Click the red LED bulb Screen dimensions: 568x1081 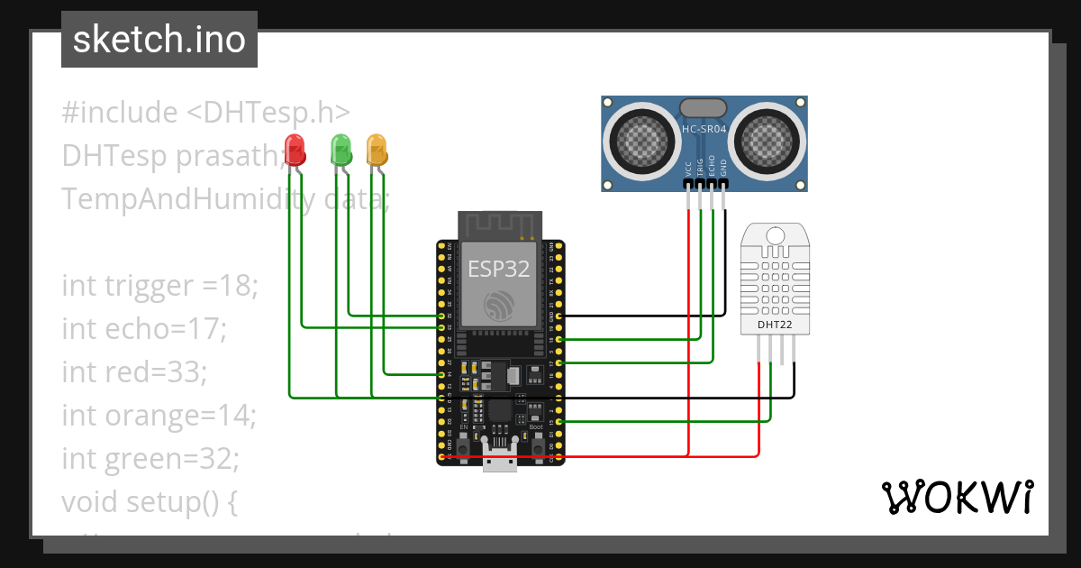pos(294,149)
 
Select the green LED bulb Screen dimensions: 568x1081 pos(341,149)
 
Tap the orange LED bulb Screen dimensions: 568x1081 pos(376,149)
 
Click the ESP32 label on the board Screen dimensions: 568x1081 pos(498,268)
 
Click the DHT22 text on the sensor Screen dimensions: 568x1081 pos(775,324)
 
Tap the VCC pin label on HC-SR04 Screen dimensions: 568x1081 pos(688,168)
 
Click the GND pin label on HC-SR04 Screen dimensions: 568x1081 pos(723,168)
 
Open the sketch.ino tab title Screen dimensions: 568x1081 pos(159,40)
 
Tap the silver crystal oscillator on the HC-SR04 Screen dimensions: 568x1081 pos(704,107)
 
